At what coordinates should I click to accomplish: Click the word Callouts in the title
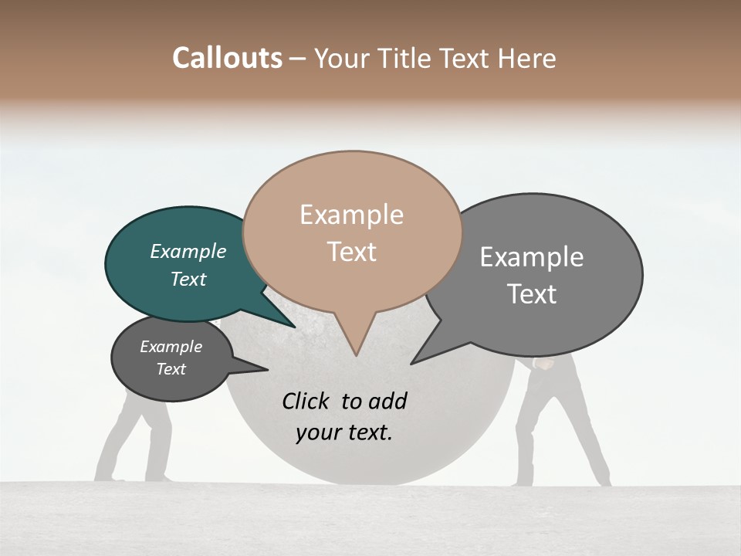tap(227, 58)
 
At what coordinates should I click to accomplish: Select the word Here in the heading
tap(529, 59)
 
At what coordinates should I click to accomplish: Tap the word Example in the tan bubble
tap(351, 215)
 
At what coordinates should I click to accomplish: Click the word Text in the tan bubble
tap(351, 252)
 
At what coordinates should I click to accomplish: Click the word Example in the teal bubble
tap(188, 251)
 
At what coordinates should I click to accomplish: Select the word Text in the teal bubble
tap(188, 279)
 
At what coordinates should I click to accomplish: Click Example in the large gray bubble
tap(531, 257)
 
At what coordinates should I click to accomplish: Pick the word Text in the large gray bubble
tap(531, 294)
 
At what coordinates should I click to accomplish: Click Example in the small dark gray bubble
tap(171, 347)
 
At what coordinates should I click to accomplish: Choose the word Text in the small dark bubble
tap(171, 369)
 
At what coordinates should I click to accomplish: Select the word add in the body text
tap(387, 401)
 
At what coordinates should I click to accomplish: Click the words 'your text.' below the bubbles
tap(343, 432)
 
